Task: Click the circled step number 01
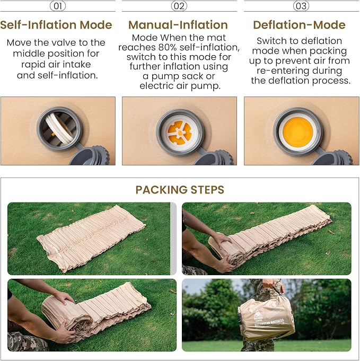click(x=58, y=6)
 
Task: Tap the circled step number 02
click(x=179, y=6)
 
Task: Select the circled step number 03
click(x=301, y=6)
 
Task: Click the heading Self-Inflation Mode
click(x=56, y=25)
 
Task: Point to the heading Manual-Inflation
click(x=178, y=25)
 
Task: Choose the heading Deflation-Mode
click(x=299, y=25)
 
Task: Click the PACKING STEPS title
click(x=180, y=190)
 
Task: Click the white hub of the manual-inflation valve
click(x=179, y=133)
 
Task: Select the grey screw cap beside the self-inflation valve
click(x=90, y=156)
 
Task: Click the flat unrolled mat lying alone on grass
click(x=91, y=238)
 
